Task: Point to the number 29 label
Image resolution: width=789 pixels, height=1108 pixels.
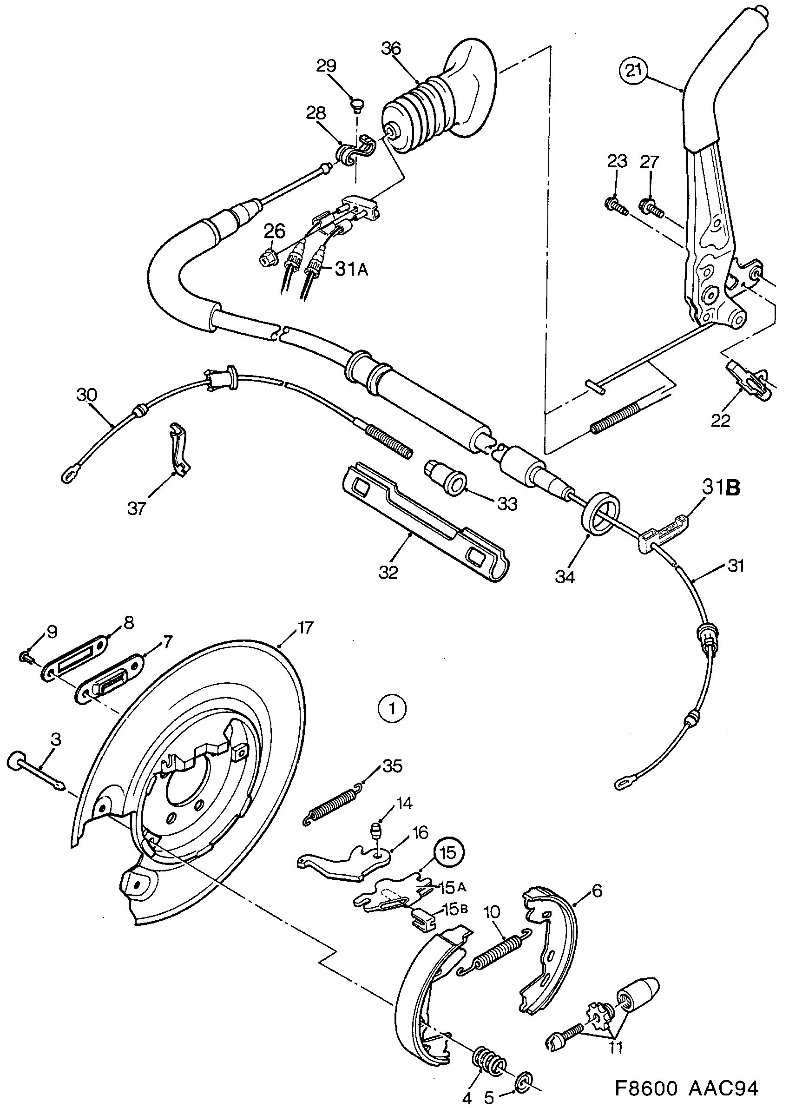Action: point(326,66)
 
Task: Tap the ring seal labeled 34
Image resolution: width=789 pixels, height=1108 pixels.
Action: point(600,514)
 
